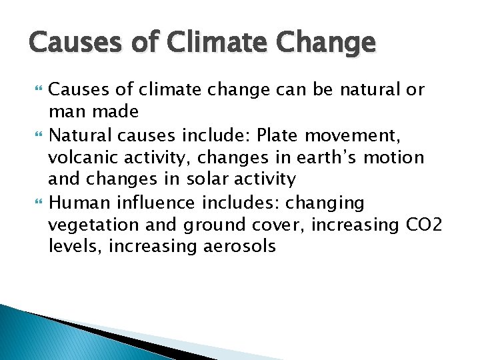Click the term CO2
pyautogui.click(x=428, y=225)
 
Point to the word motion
pyautogui.click(x=397, y=158)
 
